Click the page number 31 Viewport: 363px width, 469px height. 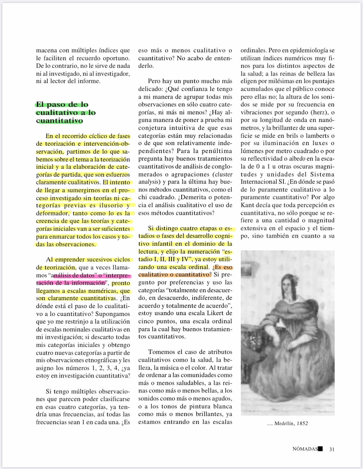click(332, 449)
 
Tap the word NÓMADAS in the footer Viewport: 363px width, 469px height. click(305, 449)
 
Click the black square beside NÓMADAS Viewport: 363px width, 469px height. click(320, 449)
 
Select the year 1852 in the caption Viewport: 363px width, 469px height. click(302, 423)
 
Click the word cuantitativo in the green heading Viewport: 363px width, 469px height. click(59, 121)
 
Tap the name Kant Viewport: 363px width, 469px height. click(247, 205)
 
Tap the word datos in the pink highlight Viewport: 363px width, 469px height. click(87, 276)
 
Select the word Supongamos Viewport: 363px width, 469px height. click(113, 314)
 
